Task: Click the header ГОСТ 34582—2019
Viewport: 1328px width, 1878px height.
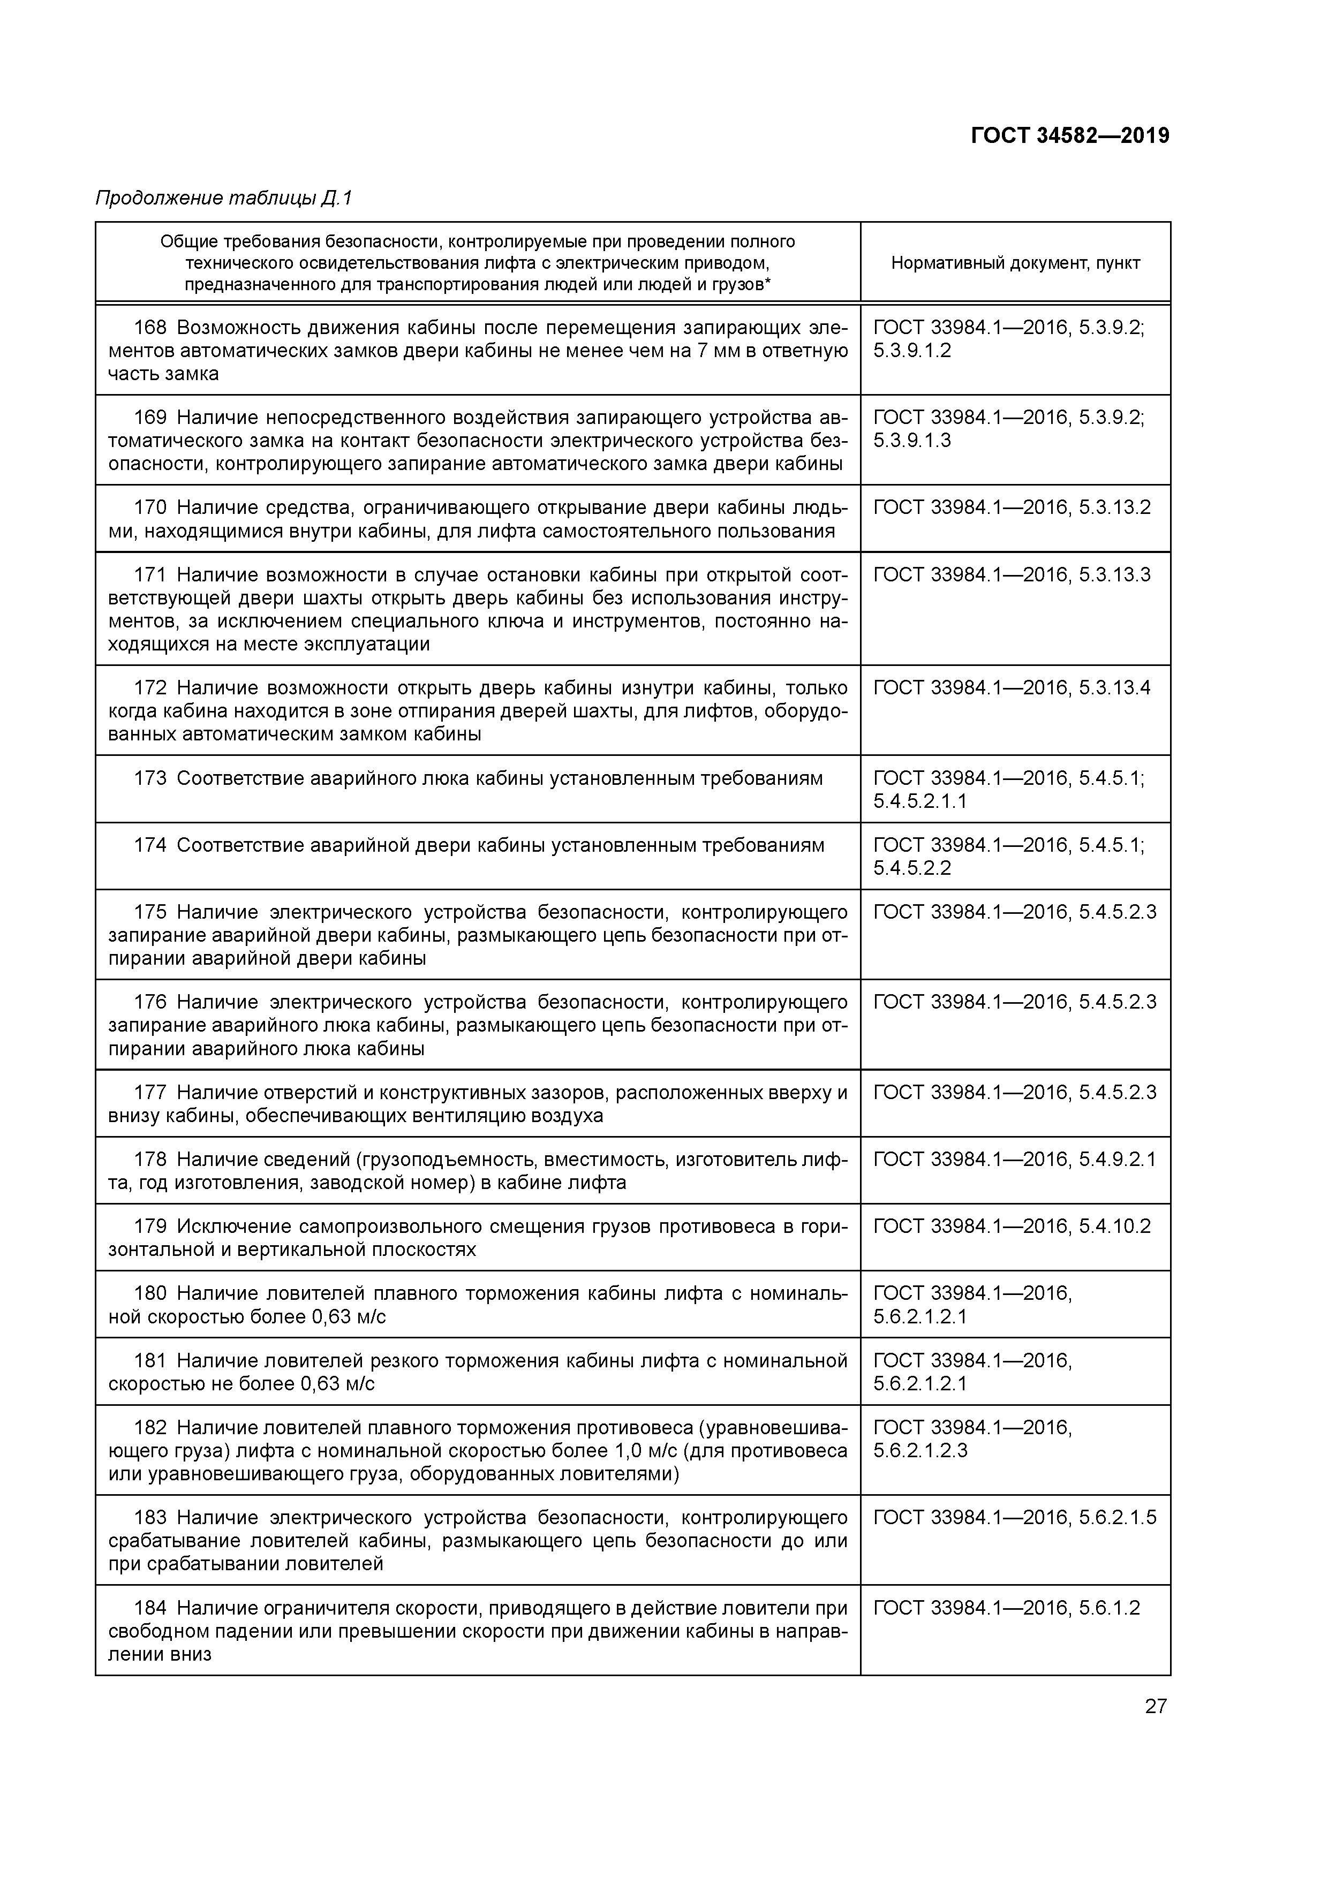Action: (x=1069, y=136)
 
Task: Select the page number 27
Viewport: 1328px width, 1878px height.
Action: (x=1156, y=1706)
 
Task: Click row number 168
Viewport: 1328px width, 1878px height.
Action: (x=150, y=328)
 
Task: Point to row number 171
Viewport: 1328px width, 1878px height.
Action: (x=150, y=575)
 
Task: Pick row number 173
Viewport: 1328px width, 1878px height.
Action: (x=150, y=778)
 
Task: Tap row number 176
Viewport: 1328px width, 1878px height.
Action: (x=150, y=1002)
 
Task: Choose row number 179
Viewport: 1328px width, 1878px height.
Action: (x=150, y=1226)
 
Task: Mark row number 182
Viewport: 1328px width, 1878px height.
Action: (x=150, y=1427)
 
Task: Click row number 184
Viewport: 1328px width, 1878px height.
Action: (x=150, y=1608)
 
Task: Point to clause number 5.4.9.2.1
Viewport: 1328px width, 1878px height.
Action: (x=1118, y=1159)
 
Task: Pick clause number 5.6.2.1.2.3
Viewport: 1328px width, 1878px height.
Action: (x=920, y=1451)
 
